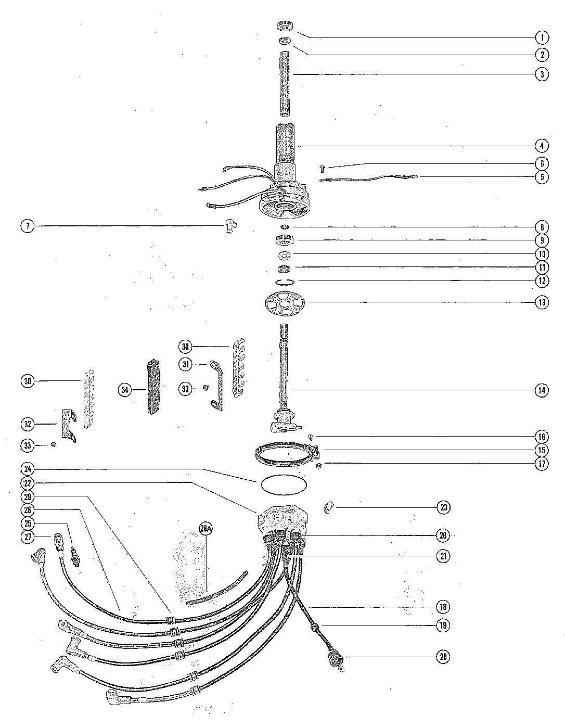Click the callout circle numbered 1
[x=542, y=37]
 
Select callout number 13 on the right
[x=542, y=302]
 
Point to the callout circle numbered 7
[x=28, y=226]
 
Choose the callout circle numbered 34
[x=125, y=389]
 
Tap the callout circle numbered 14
[x=542, y=390]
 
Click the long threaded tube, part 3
[x=285, y=83]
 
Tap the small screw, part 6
[x=322, y=168]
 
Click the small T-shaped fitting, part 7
[x=228, y=225]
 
